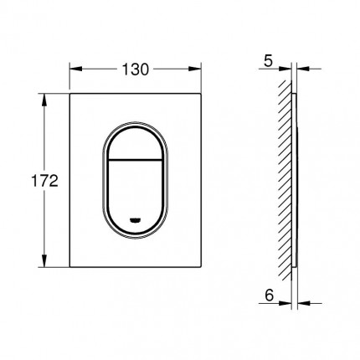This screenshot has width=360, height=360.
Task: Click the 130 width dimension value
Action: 136,69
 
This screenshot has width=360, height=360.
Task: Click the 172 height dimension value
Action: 44,180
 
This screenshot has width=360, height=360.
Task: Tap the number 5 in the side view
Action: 268,61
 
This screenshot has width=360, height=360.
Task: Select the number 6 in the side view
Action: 269,296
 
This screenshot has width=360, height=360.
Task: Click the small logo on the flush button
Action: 136,220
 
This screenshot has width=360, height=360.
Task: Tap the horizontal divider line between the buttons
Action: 136,160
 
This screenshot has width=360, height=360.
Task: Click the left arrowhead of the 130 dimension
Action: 75,69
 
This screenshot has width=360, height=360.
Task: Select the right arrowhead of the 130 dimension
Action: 195,69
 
